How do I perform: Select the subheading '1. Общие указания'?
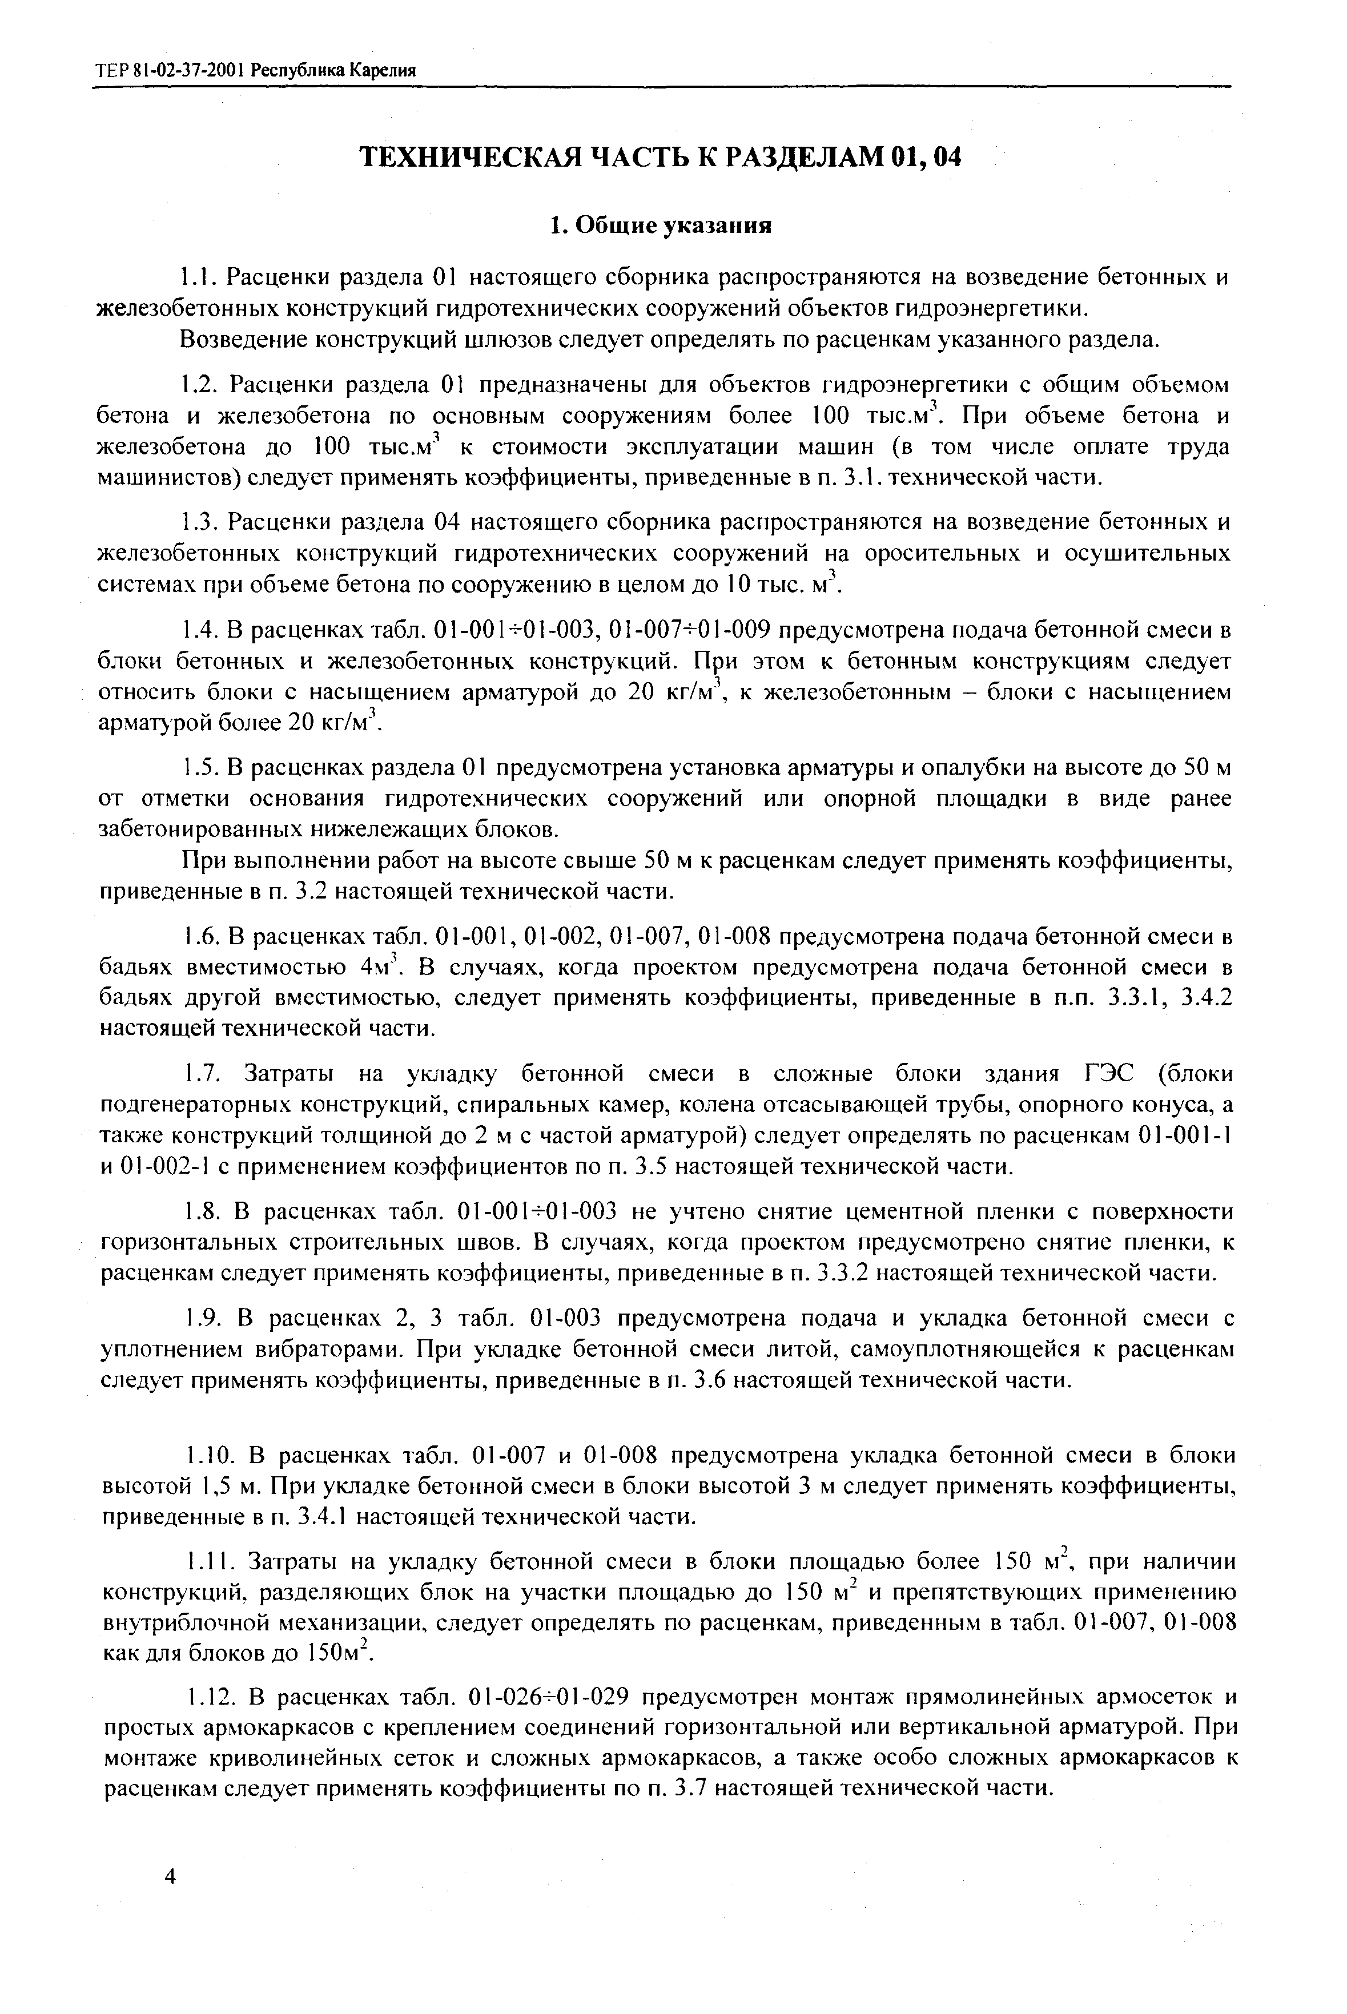click(661, 226)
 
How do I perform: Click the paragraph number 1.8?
click(204, 1212)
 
